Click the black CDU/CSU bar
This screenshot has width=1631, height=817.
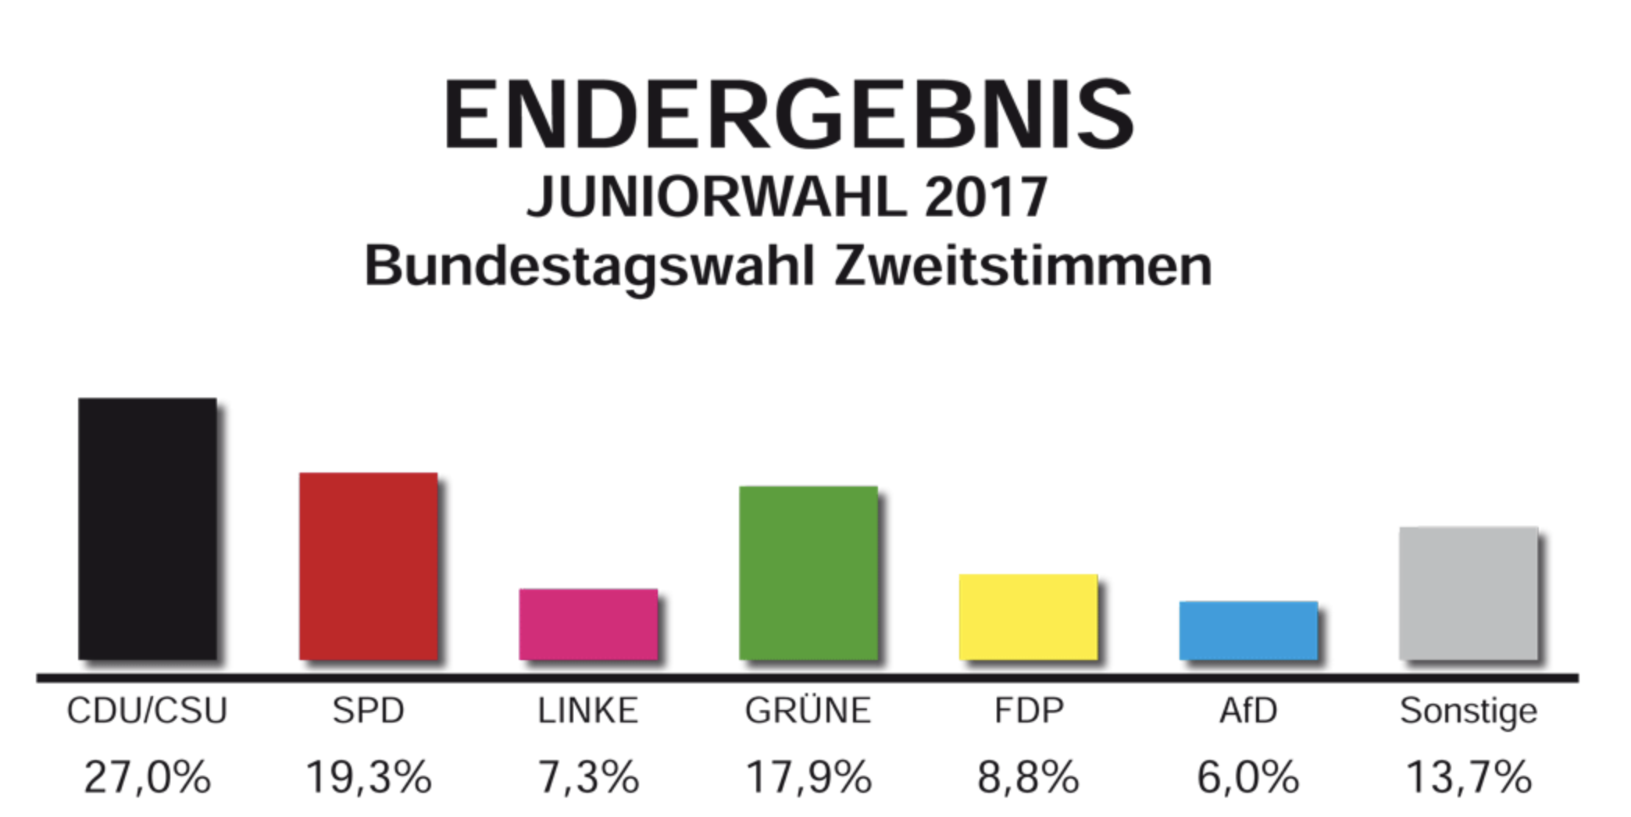coord(147,529)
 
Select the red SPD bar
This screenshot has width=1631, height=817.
coord(368,566)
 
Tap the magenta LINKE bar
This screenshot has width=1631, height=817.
coord(588,624)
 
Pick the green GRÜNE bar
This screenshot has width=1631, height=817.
coord(808,573)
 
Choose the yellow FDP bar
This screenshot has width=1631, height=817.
coord(1028,617)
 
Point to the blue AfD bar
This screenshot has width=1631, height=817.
coord(1248,630)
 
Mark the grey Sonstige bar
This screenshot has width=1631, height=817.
coord(1468,593)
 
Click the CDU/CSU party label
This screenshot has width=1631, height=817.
coord(147,711)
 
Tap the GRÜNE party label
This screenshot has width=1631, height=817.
coord(808,711)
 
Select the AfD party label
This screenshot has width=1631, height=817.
coord(1248,711)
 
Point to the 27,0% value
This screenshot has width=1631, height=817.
coord(147,778)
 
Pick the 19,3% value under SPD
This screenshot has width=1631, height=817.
coord(368,778)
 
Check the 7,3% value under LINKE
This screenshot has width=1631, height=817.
coord(588,778)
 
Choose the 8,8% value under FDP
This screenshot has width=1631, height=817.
coord(1028,778)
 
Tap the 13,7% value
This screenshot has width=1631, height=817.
coord(1468,778)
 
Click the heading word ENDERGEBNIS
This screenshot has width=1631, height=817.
coord(788,115)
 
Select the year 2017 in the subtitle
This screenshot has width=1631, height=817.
coord(986,197)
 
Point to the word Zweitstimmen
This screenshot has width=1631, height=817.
coord(1022,266)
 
